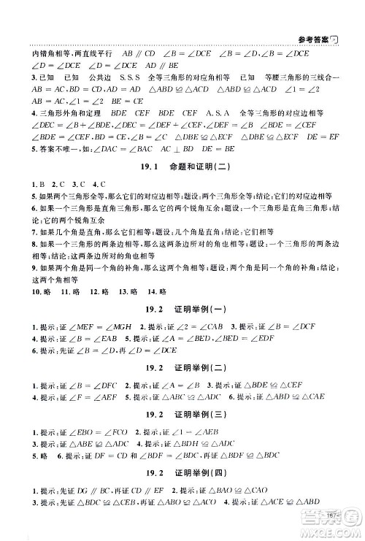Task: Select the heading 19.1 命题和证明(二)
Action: pos(182,166)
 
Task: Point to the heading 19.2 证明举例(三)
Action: pos(182,414)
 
